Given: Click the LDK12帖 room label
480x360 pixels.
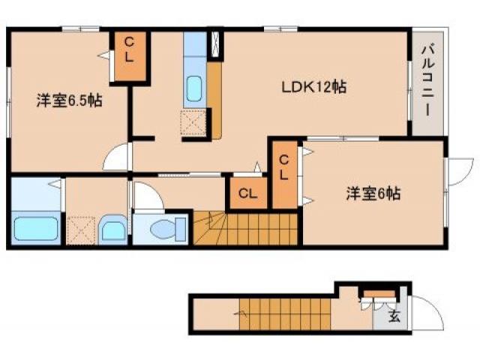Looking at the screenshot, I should click(313, 87).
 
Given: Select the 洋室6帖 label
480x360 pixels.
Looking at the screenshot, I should click(373, 193).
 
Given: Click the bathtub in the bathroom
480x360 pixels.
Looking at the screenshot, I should click(36, 228).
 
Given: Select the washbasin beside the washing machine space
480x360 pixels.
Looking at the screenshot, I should click(113, 229).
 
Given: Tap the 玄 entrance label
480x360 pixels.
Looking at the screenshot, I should click(394, 316).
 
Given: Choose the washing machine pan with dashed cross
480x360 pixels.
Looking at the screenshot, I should click(81, 229).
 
